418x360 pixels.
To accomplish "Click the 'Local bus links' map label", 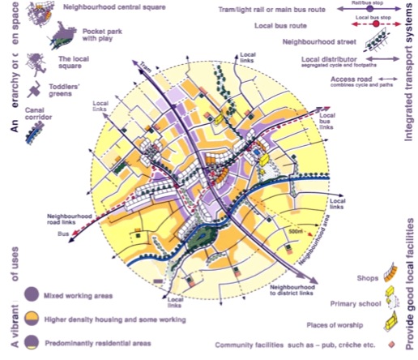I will [x=326, y=117].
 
